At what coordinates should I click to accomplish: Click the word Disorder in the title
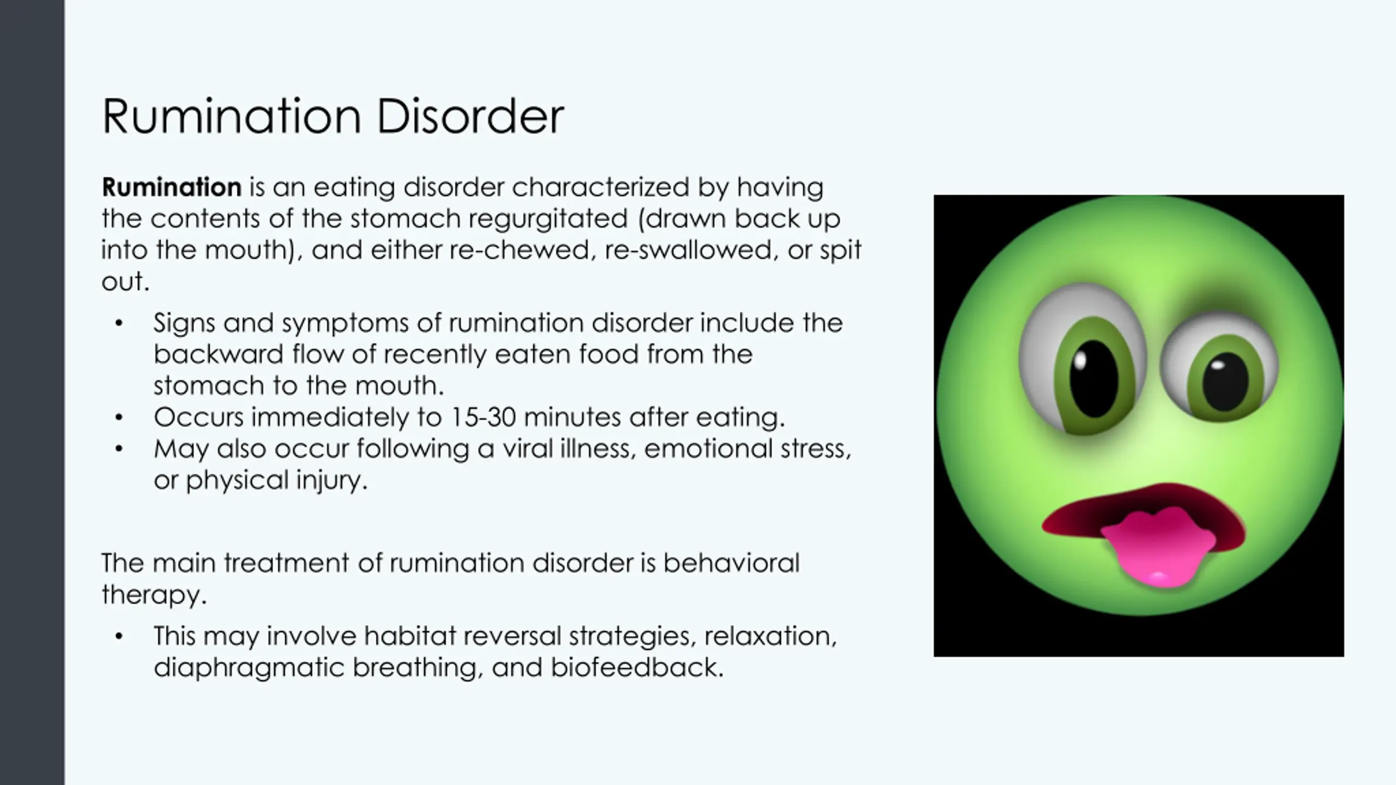pyautogui.click(x=470, y=117)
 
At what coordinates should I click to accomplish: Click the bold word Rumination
pyautogui.click(x=172, y=188)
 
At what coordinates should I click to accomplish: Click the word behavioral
pyautogui.click(x=731, y=563)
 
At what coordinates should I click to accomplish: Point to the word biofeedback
pyautogui.click(x=637, y=667)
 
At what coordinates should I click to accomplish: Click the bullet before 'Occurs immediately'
pyautogui.click(x=119, y=418)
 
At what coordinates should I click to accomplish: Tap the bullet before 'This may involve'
pyautogui.click(x=119, y=637)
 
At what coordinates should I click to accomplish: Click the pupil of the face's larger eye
pyautogui.click(x=1093, y=379)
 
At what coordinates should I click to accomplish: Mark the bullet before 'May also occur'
pyautogui.click(x=119, y=449)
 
